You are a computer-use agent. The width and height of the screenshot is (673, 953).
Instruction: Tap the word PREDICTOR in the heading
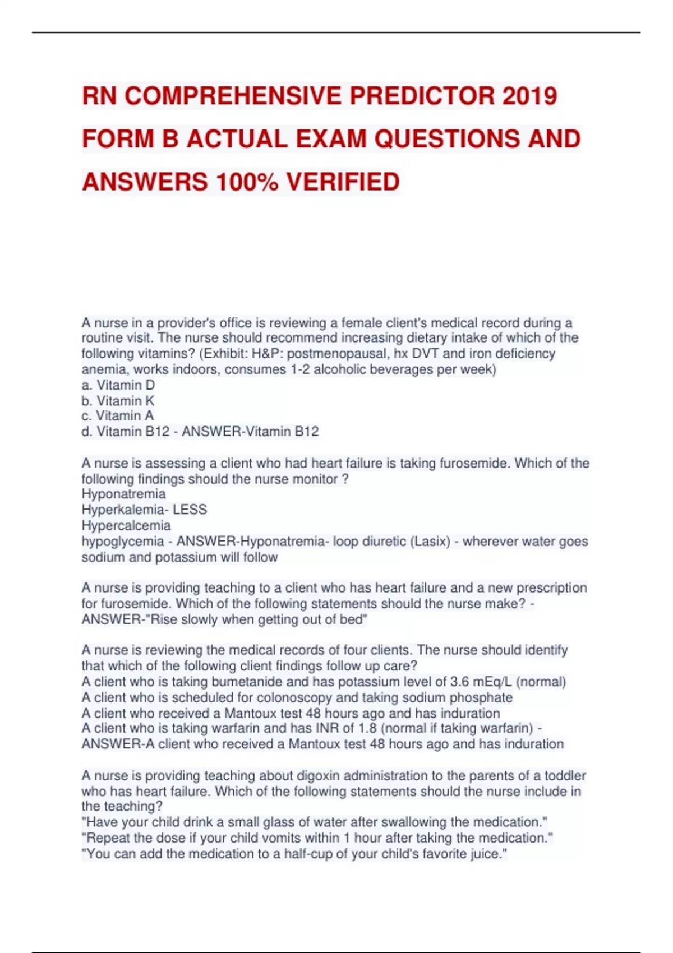coord(422,96)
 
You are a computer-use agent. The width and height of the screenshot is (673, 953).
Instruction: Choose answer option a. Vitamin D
coord(118,385)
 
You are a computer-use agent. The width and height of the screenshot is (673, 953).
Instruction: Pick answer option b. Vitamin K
coord(118,401)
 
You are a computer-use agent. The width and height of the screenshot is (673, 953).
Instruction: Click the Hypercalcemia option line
coord(126,525)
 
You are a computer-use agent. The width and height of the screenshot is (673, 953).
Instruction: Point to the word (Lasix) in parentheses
coord(430,542)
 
